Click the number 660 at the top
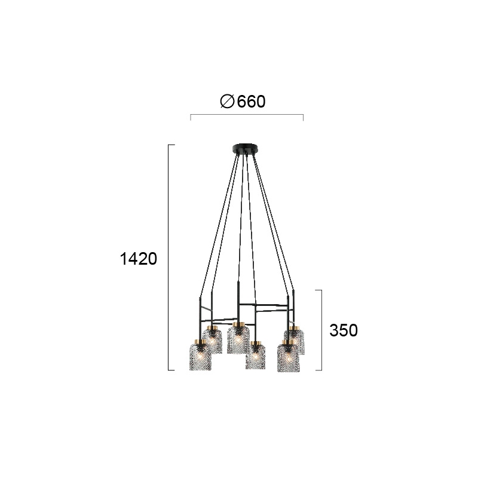pos(251,102)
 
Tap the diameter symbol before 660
pos(227,102)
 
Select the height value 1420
pos(139,259)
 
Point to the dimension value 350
pos(344,330)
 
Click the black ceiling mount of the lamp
pos(246,149)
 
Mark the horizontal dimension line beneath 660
pos(247,115)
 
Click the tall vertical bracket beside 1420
pos(169,258)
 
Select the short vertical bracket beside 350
pos(321,330)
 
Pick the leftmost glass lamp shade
pos(200,355)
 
